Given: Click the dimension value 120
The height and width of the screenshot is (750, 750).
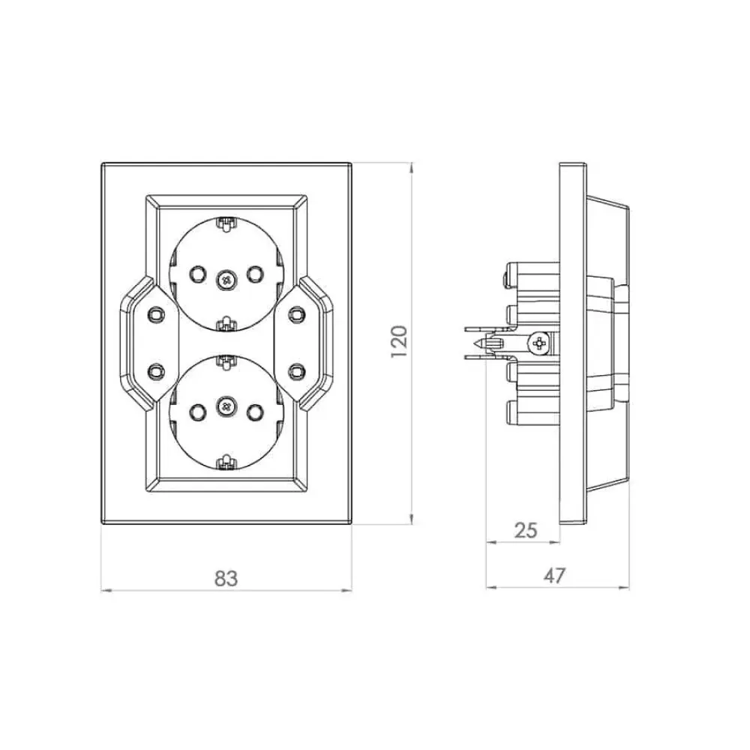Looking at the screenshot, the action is coord(398,341).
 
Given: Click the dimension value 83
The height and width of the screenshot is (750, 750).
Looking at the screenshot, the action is coord(226,578).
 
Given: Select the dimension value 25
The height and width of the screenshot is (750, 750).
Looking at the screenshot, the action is coord(526,530).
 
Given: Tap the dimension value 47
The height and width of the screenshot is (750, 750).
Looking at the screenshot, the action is coord(554,575).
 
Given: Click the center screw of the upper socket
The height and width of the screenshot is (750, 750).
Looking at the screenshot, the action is coord(225,278).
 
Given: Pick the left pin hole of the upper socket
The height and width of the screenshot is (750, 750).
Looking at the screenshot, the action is coord(196,274).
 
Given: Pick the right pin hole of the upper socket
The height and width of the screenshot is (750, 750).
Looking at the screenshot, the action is coord(254,274).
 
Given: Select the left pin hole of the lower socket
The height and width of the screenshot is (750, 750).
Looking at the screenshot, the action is coord(196,410).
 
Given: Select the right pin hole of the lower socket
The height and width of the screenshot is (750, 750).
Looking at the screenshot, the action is coord(255,410).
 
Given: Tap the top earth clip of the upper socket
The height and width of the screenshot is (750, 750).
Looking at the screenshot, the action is coord(225,223).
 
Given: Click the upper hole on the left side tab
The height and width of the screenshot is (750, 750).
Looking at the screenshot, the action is coord(154,313).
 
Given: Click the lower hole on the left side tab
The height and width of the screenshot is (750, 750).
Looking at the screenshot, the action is coord(154,370).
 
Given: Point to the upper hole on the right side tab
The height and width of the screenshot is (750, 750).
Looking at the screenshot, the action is coord(297,313).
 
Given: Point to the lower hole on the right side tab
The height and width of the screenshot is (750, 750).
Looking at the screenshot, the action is coord(297,370).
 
